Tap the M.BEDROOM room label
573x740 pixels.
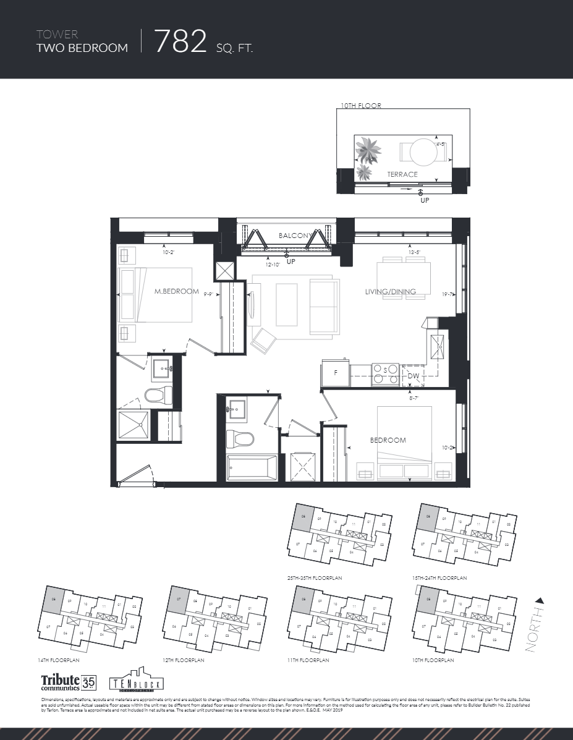(x=177, y=292)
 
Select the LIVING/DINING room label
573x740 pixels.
(x=390, y=292)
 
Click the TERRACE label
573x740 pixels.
(x=402, y=174)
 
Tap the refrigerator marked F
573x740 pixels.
(x=336, y=373)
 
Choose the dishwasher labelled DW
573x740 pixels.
(x=414, y=375)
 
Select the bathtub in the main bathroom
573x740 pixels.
(x=253, y=467)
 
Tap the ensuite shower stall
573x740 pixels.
(x=134, y=427)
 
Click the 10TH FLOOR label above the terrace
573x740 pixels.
(x=361, y=106)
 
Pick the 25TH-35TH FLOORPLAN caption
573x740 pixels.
(x=315, y=577)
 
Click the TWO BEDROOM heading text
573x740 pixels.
(x=83, y=48)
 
